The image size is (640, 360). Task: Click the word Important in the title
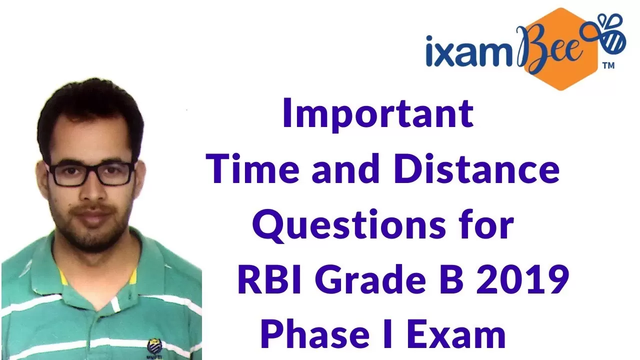click(378, 114)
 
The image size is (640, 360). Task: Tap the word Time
click(252, 168)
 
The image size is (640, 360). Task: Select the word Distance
click(477, 168)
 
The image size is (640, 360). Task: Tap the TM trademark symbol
click(608, 65)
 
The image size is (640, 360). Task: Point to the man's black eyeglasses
click(91, 173)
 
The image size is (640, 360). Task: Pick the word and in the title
click(346, 168)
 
